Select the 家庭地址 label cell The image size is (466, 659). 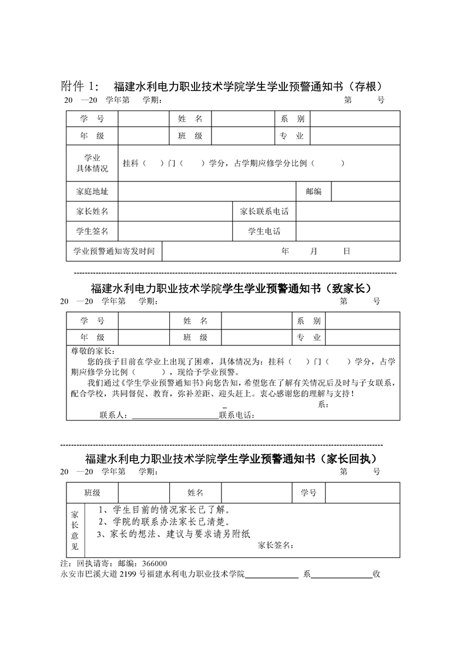pos(92,191)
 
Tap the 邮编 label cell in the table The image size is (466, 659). pos(313,191)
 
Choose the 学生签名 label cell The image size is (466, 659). pos(92,231)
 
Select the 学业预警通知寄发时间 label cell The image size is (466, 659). pos(114,251)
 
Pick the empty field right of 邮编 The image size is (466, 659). pos(366,191)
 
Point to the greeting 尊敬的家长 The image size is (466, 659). pos(90,351)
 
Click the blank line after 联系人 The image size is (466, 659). pos(175,416)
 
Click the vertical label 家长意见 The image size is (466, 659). pos(75,530)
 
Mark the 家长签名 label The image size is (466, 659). pos(274,546)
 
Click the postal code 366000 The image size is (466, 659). pos(154,564)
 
